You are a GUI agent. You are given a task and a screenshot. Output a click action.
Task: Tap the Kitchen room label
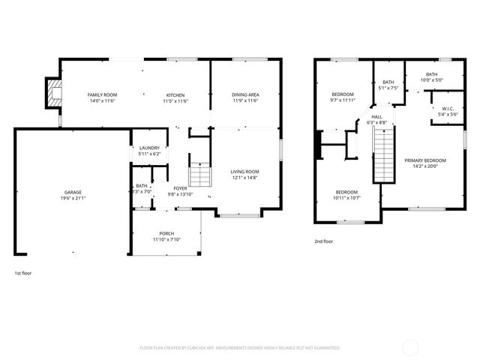click(175, 94)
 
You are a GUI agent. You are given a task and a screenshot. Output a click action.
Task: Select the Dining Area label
click(245, 94)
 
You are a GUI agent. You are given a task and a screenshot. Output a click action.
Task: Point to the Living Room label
click(244, 172)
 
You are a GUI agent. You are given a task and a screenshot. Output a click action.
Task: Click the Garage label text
click(73, 192)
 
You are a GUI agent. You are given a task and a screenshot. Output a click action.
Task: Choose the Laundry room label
click(148, 148)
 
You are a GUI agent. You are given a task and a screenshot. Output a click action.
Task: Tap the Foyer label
click(181, 188)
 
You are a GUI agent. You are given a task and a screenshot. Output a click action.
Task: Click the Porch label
click(166, 233)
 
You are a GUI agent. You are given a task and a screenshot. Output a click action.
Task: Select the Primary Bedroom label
click(425, 160)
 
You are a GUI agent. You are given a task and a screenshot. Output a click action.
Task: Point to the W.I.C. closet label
click(448, 108)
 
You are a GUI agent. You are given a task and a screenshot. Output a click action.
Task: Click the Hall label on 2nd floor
click(377, 117)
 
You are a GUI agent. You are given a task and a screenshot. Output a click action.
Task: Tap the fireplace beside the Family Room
click(52, 94)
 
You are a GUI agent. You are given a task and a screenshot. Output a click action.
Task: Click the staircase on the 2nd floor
click(383, 153)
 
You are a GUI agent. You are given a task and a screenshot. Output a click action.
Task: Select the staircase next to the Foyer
click(199, 176)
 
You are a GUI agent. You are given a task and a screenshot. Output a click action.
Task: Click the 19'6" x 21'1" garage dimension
click(73, 199)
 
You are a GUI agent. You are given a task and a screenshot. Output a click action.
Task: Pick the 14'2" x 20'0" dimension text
click(425, 167)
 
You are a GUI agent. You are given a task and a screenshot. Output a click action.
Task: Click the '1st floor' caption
click(23, 274)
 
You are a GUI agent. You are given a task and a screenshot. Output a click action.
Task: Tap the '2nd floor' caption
click(324, 241)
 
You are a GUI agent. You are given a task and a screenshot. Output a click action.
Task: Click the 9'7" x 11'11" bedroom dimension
click(342, 100)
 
